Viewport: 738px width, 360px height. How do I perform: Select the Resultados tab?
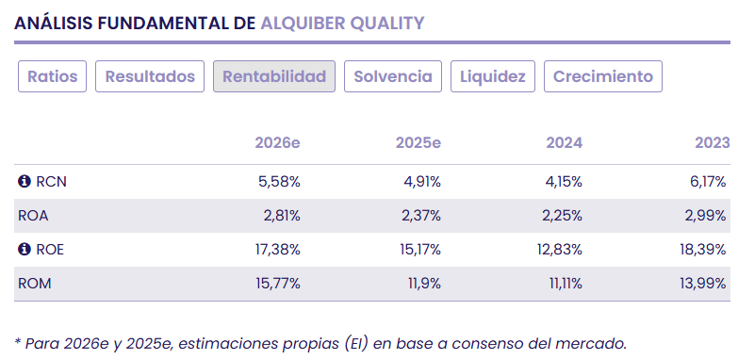pos(150,76)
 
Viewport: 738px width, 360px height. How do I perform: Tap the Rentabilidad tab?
pos(274,76)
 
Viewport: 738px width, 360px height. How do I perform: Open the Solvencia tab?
pos(393,76)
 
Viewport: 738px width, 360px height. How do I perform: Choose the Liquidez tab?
pos(493,76)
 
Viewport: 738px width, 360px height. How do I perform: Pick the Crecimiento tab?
pos(603,76)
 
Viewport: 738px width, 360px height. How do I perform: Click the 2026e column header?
pos(277,143)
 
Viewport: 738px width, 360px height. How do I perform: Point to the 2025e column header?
pos(418,143)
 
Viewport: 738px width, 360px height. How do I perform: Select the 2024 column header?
pos(564,143)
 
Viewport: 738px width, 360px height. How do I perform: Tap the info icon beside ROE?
pos(25,250)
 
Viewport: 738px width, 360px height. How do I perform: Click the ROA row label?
pos(33,216)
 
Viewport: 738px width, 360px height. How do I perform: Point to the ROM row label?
pos(34,284)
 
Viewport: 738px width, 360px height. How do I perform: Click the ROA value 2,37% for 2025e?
pos(419,216)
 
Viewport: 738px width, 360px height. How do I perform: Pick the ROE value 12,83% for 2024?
pos(560,250)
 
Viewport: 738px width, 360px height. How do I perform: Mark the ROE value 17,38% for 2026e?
pos(276,250)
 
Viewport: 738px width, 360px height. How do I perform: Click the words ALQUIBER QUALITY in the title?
pos(342,23)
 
